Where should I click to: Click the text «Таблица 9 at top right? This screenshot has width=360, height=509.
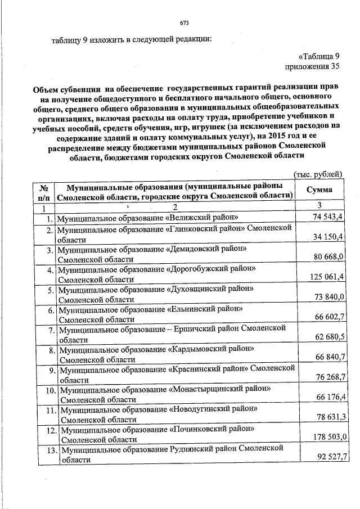(x=319, y=56)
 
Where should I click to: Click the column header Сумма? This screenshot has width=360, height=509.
(x=319, y=190)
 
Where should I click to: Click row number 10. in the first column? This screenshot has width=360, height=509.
(x=49, y=390)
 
